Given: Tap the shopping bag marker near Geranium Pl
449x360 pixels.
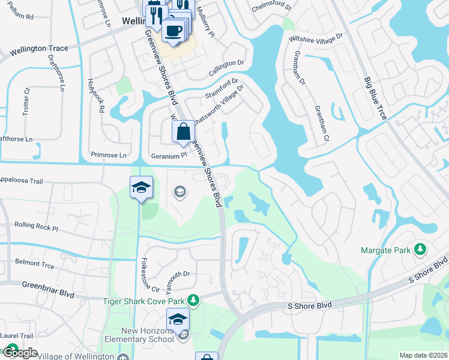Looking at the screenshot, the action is [183, 132].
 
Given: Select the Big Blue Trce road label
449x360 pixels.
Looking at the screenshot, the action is [375, 98].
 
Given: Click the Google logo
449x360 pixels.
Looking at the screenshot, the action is [20, 353].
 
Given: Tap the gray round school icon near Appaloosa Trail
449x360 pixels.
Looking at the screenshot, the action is [179, 192].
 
